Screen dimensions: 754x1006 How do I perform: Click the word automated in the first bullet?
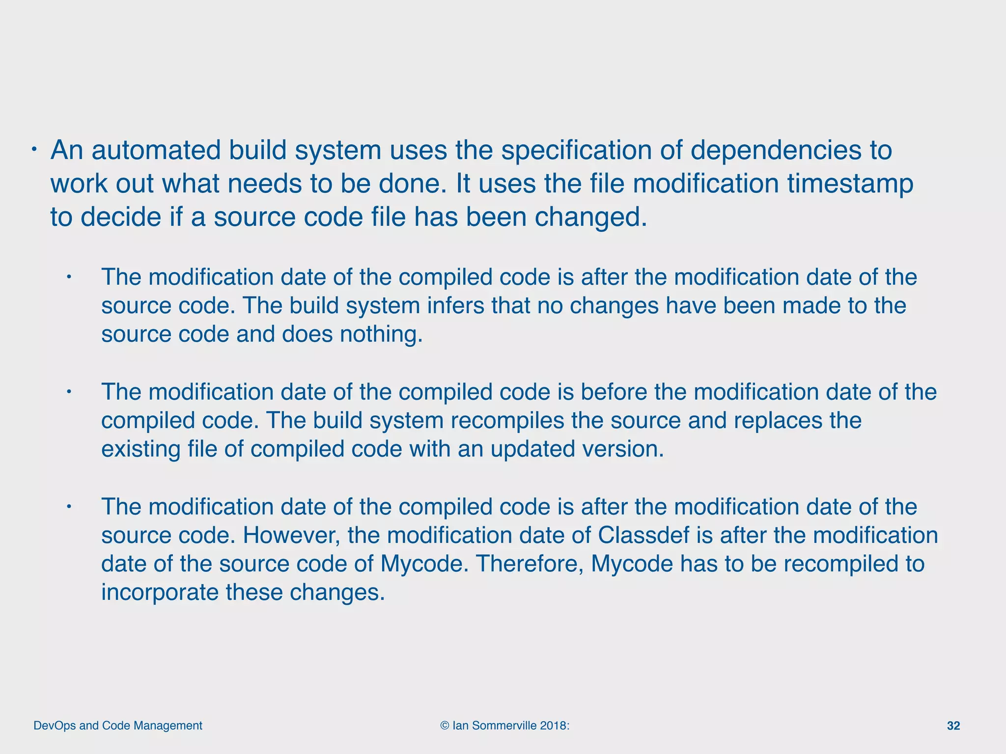156,150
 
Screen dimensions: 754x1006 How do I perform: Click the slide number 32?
953,726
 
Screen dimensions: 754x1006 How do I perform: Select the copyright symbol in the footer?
445,726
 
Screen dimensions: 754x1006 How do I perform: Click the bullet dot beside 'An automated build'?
34,149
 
